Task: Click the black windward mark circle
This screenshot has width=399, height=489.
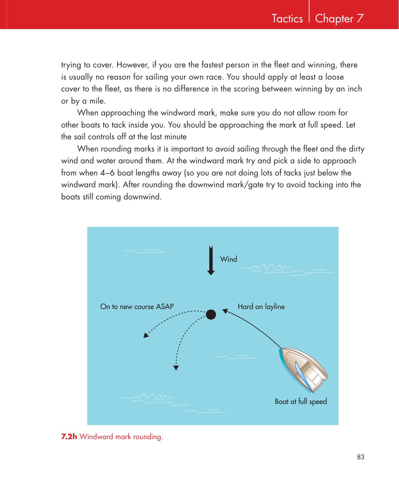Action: coord(211,314)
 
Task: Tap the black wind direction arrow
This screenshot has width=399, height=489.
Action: coord(211,260)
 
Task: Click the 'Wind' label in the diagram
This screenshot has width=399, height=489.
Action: coord(229,259)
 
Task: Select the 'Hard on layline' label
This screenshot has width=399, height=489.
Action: coord(261,307)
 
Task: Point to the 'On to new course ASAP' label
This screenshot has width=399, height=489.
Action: coord(137,307)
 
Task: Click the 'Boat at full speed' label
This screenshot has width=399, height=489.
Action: coord(301,401)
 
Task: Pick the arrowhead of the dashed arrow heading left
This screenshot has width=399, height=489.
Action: coord(146,335)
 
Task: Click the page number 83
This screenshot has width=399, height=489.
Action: coord(361,457)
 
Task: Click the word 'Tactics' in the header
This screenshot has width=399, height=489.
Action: coord(287,19)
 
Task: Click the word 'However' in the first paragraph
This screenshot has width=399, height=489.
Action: coord(129,65)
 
